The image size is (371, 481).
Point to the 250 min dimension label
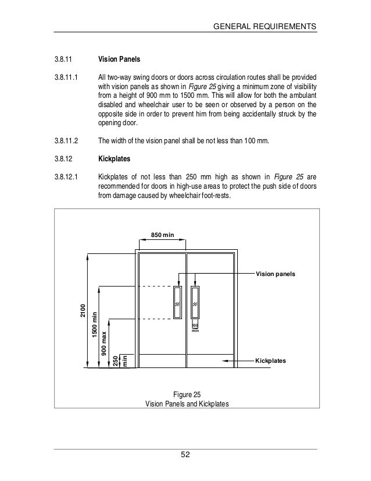pos(119,361)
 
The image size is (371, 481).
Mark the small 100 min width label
pos(196,328)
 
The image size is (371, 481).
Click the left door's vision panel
pos(177,302)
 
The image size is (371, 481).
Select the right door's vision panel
pos(196,302)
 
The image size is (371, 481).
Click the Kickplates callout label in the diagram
pos(271,361)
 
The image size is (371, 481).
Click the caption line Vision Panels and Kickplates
pos(187,404)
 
